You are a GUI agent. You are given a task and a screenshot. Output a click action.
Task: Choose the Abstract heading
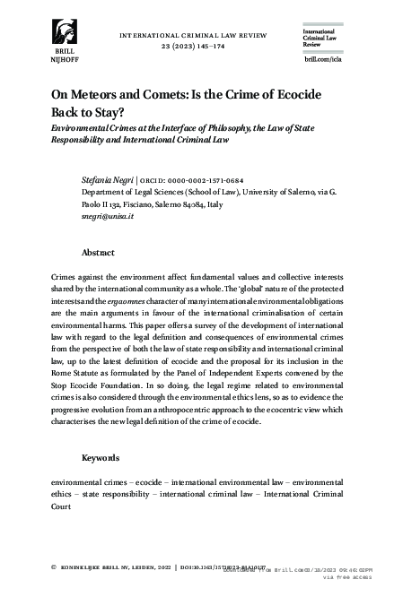tap(98, 253)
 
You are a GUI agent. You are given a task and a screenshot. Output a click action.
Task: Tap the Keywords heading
tap(101, 457)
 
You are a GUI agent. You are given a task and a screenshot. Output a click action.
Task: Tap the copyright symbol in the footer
tap(56, 567)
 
